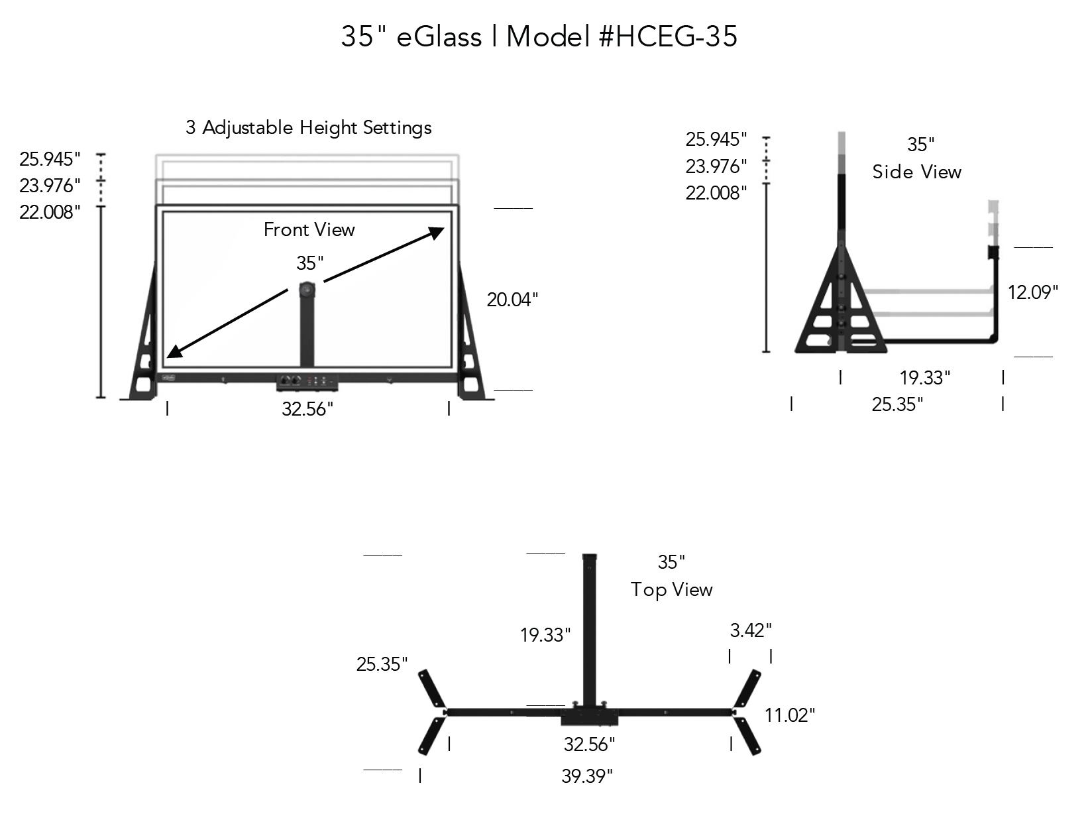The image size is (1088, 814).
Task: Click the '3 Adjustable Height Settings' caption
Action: pos(308,127)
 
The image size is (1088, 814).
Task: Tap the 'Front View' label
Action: pos(309,229)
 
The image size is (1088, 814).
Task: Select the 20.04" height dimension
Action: pos(512,300)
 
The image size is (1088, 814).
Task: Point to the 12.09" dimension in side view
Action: pos(1032,292)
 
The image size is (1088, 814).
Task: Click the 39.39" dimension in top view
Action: pos(586,776)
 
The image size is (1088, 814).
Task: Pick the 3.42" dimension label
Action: pos(750,630)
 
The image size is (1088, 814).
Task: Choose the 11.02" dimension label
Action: pos(789,715)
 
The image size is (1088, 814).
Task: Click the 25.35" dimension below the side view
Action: pos(897,404)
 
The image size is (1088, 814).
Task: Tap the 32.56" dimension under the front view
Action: pos(307,409)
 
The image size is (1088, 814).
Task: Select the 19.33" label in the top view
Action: pos(545,635)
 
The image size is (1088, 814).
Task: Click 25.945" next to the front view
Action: pos(49,159)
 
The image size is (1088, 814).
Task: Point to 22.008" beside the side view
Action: pos(716,193)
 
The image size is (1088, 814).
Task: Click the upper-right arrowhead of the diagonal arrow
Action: pos(437,231)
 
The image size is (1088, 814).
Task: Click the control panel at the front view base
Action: pos(308,381)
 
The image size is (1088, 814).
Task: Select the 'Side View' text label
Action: pos(916,172)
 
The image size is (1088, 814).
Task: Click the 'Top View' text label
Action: pos(671,589)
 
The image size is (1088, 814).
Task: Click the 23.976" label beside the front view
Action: pos(49,185)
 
